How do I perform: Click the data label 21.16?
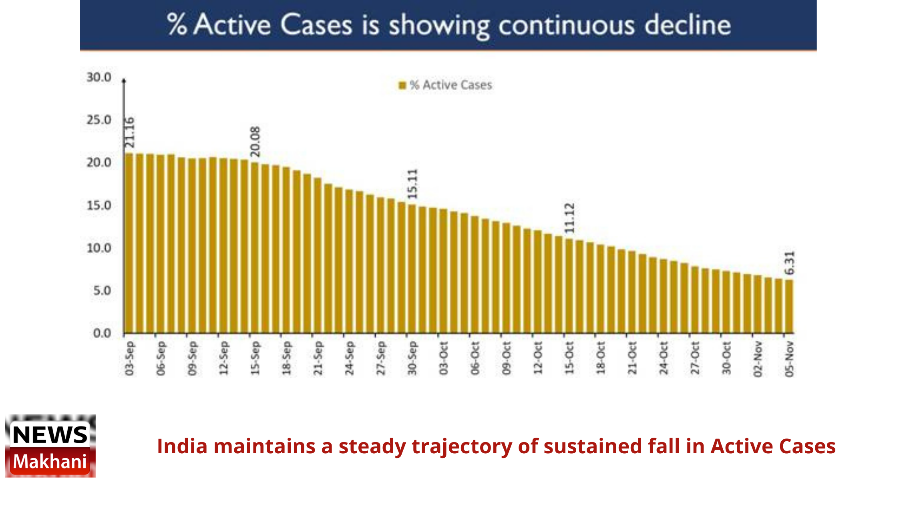pyautogui.click(x=130, y=133)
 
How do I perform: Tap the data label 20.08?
pyautogui.click(x=255, y=141)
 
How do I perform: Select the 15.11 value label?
pyautogui.click(x=412, y=184)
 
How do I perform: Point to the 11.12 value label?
pyautogui.click(x=569, y=218)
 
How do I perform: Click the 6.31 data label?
pyautogui.click(x=789, y=263)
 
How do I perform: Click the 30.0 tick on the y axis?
pyautogui.click(x=99, y=77)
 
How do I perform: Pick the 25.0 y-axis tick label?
pyautogui.click(x=99, y=120)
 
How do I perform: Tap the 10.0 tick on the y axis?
pyautogui.click(x=99, y=248)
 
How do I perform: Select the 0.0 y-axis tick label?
pyautogui.click(x=102, y=333)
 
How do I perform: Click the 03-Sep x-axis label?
pyautogui.click(x=129, y=358)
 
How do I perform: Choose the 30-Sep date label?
pyautogui.click(x=412, y=358)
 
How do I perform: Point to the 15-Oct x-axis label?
pyautogui.click(x=569, y=358)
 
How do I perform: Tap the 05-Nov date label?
pyautogui.click(x=789, y=359)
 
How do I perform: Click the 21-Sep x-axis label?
pyautogui.click(x=318, y=358)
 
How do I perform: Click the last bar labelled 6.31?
pyautogui.click(x=789, y=307)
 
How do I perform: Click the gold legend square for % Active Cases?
pyautogui.click(x=402, y=85)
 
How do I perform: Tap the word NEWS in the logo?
pyautogui.click(x=50, y=435)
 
